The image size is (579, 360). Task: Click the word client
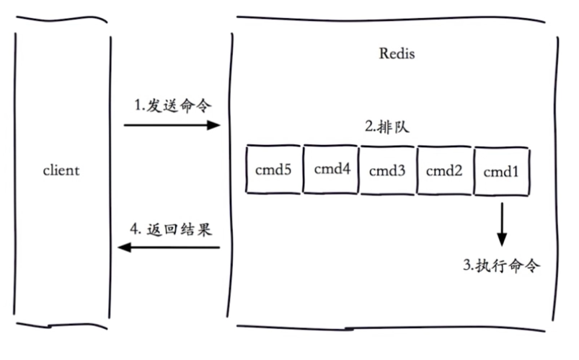pyautogui.click(x=61, y=171)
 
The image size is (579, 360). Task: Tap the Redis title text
pyautogui.click(x=397, y=53)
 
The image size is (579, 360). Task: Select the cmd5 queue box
pyautogui.click(x=273, y=170)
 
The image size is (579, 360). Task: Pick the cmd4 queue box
pyautogui.click(x=331, y=170)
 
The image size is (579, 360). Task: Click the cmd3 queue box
pyautogui.click(x=388, y=170)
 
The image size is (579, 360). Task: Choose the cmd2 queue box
pyautogui.click(x=444, y=170)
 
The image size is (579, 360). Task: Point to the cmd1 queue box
pyautogui.click(x=501, y=170)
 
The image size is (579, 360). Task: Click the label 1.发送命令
pyautogui.click(x=173, y=105)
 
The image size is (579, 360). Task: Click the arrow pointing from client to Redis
pyautogui.click(x=171, y=125)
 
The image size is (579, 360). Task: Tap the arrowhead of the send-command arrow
pyautogui.click(x=213, y=125)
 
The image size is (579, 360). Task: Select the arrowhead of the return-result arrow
pyautogui.click(x=124, y=247)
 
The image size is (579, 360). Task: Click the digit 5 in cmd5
pyautogui.click(x=288, y=170)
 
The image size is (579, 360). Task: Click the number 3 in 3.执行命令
pyautogui.click(x=467, y=265)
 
